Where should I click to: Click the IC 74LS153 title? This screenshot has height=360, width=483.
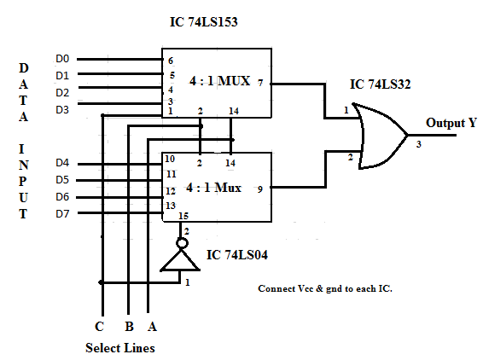coord(204,22)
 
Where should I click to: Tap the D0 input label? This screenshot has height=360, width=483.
coord(62,59)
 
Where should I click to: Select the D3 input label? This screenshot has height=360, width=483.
coord(62,110)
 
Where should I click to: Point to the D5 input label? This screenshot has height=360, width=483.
coord(62,179)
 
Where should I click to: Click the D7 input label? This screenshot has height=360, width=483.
coord(62,214)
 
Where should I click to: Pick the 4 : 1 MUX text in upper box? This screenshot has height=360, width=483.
coord(219,81)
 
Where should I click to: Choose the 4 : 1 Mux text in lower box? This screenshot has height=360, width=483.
coord(213,187)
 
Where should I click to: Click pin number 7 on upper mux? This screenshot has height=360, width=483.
coord(260,83)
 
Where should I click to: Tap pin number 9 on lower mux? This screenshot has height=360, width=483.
coord(260,189)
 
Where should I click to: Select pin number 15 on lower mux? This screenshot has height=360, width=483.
coord(183,216)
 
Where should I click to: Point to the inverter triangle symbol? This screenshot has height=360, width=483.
coord(180,260)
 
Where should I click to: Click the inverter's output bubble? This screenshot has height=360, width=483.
coord(182,243)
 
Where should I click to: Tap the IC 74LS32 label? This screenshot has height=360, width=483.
coord(380,84)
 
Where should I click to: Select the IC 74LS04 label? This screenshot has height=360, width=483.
coord(237,255)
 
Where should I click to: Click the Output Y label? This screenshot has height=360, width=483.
coord(451,123)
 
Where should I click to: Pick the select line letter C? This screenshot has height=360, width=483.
coord(99,327)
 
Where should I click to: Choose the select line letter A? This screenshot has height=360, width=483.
coord(152,327)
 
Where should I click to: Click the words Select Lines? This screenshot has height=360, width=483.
coord(120,348)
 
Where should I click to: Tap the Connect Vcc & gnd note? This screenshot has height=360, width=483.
coord(325,288)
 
